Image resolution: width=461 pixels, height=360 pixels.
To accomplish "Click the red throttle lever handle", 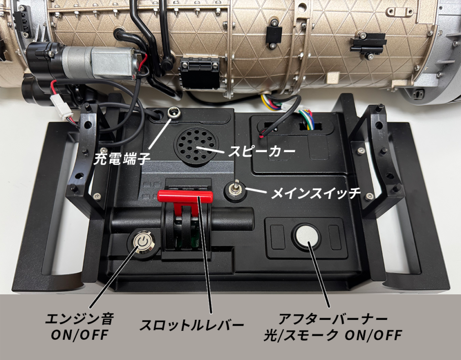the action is (x=185, y=196).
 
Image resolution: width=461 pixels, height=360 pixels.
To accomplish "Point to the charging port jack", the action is (x=172, y=112).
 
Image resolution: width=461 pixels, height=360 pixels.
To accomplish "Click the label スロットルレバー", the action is (x=191, y=325).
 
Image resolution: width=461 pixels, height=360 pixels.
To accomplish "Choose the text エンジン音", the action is (x=80, y=319).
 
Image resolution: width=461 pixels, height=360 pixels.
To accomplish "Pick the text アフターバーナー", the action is (x=333, y=319).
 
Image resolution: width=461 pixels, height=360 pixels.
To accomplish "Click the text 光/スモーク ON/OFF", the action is (x=333, y=335).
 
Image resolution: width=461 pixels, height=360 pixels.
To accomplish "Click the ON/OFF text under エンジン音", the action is (x=80, y=335).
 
